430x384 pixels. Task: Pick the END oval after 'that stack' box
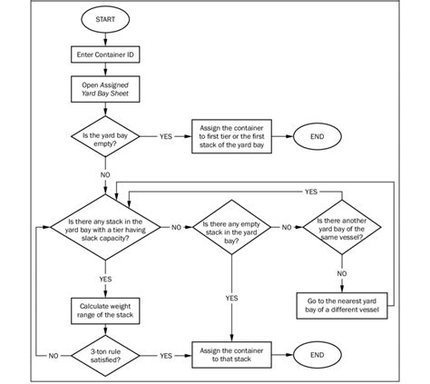pyautogui.click(x=317, y=356)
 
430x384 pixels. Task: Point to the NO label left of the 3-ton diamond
pyautogui.click(x=54, y=356)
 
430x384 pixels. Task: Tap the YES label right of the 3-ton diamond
pyautogui.click(x=166, y=356)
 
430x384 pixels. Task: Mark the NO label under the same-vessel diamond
pyautogui.click(x=341, y=271)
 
